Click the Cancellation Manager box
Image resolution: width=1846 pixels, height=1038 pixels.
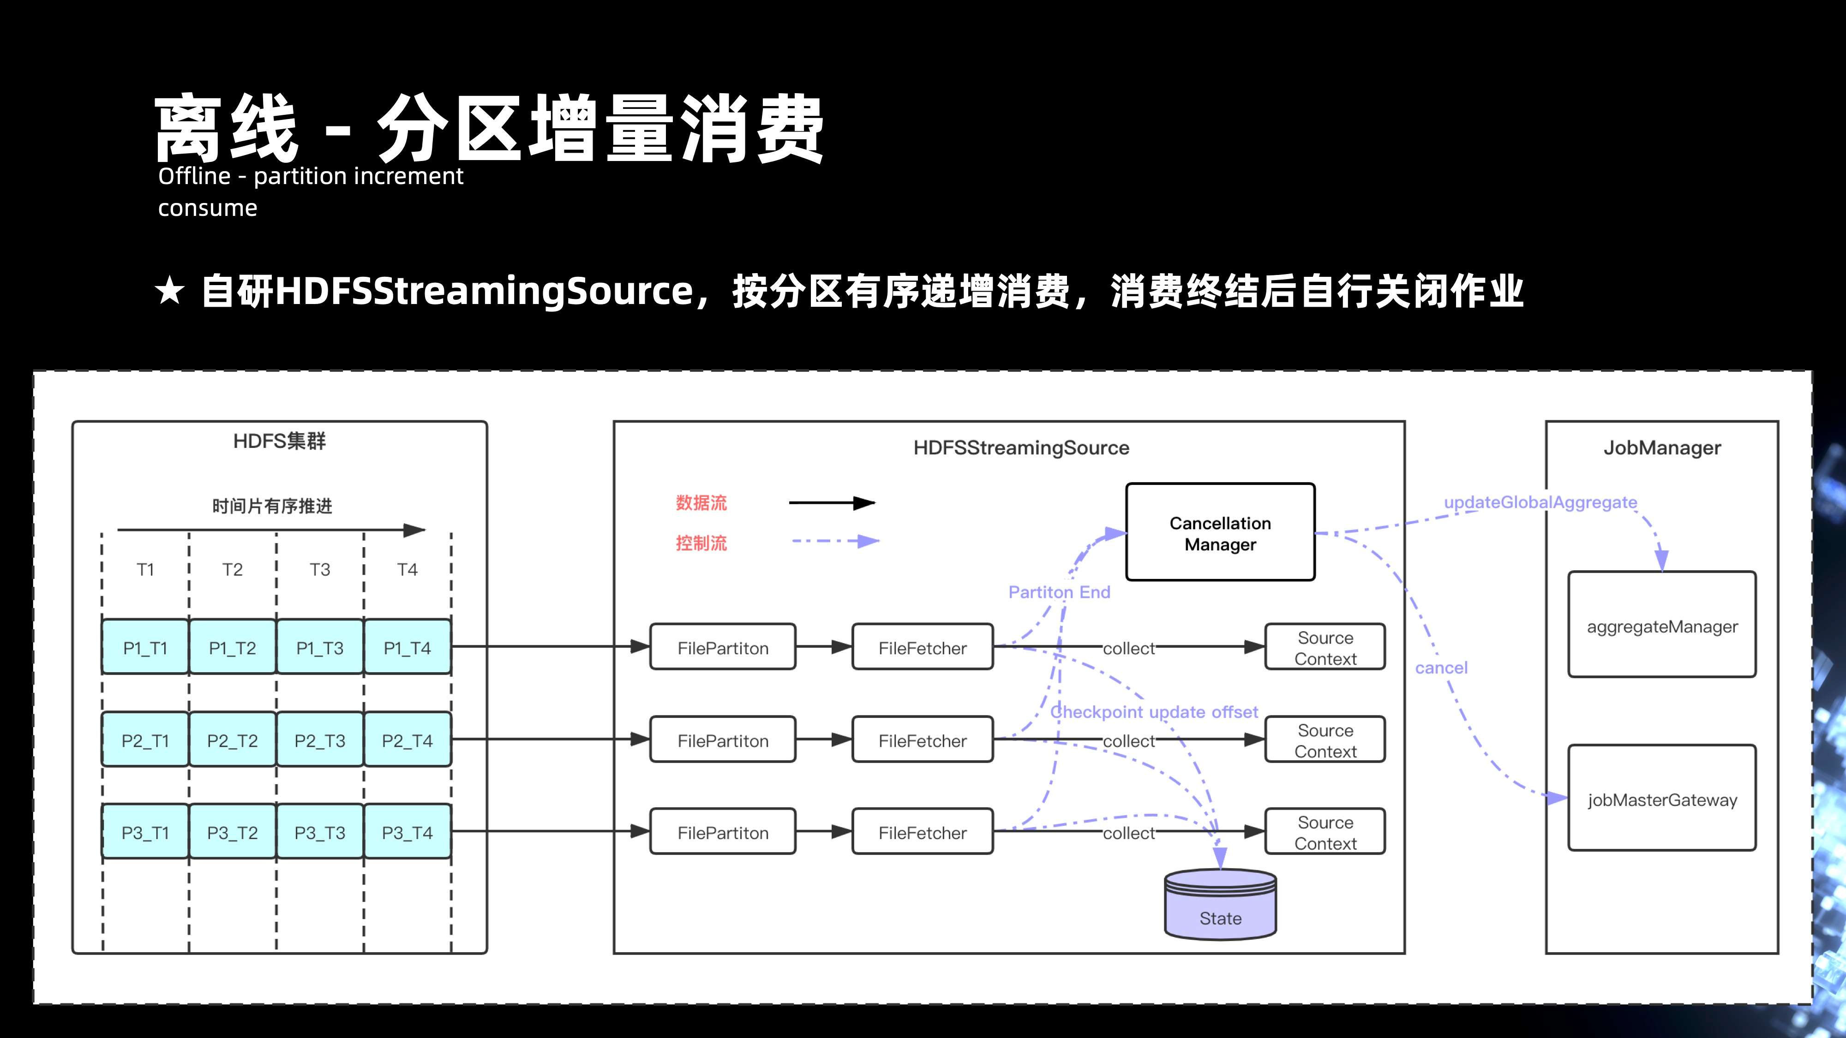pyautogui.click(x=1220, y=532)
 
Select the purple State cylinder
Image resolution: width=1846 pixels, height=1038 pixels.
pyautogui.click(x=1220, y=906)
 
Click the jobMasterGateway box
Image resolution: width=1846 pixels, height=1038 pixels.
pyautogui.click(x=1662, y=799)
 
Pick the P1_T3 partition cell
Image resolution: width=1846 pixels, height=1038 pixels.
pyautogui.click(x=320, y=648)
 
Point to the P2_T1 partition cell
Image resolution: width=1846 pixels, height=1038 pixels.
pyautogui.click(x=145, y=740)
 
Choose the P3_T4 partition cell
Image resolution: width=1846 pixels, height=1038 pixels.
pyautogui.click(x=407, y=832)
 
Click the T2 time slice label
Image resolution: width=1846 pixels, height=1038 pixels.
pyautogui.click(x=232, y=569)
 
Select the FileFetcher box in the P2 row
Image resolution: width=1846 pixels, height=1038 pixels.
pyautogui.click(x=922, y=740)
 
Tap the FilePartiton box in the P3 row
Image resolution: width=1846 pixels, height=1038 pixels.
pyautogui.click(x=722, y=832)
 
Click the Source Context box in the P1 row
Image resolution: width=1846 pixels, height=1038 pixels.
pyautogui.click(x=1325, y=648)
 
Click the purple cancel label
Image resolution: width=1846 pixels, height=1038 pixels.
pyautogui.click(x=1441, y=668)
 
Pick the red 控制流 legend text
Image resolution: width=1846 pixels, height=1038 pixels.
pyautogui.click(x=701, y=543)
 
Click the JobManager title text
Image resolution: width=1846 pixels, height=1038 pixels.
pyautogui.click(x=1662, y=447)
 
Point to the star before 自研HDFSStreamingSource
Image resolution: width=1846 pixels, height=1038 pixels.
pyautogui.click(x=170, y=292)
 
